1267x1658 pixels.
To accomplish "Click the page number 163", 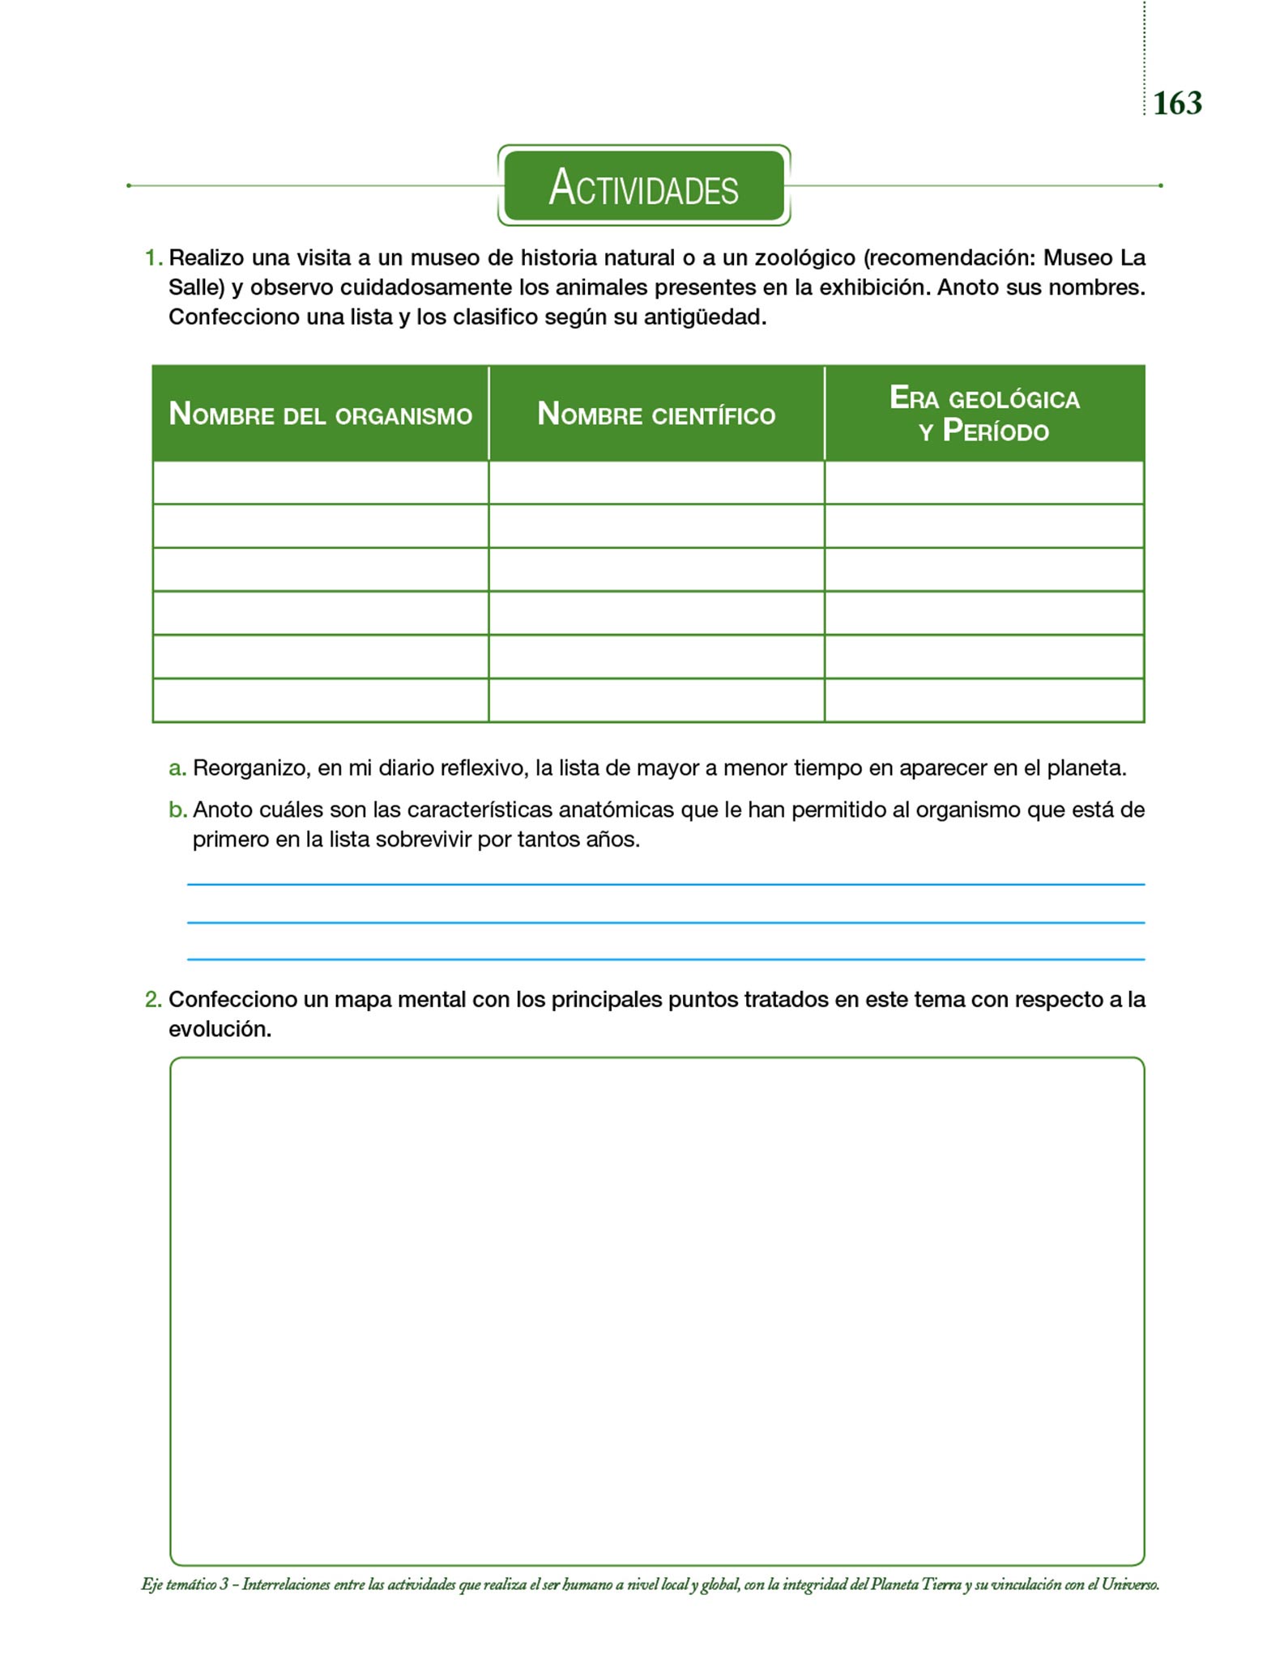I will [x=1177, y=104].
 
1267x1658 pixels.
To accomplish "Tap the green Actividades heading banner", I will [x=643, y=186].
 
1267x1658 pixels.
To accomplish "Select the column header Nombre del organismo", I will [x=320, y=414].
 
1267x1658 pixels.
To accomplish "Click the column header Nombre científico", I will [x=656, y=414].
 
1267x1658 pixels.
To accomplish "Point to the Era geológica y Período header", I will [x=984, y=414].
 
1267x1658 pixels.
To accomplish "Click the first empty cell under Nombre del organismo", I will [x=320, y=483].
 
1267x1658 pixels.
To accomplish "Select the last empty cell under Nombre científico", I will [x=656, y=700].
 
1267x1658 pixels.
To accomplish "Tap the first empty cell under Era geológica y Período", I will [x=984, y=483].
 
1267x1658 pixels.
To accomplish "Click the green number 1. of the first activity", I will [x=153, y=258].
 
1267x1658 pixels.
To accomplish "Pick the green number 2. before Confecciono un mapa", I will [x=153, y=1000].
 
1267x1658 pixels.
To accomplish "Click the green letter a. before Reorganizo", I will [x=177, y=768].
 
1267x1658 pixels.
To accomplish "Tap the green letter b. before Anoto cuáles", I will [x=177, y=810].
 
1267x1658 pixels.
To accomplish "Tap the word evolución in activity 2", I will [x=220, y=1030].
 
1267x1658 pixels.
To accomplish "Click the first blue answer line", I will [x=665, y=885].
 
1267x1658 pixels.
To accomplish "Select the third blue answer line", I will [x=665, y=959].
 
